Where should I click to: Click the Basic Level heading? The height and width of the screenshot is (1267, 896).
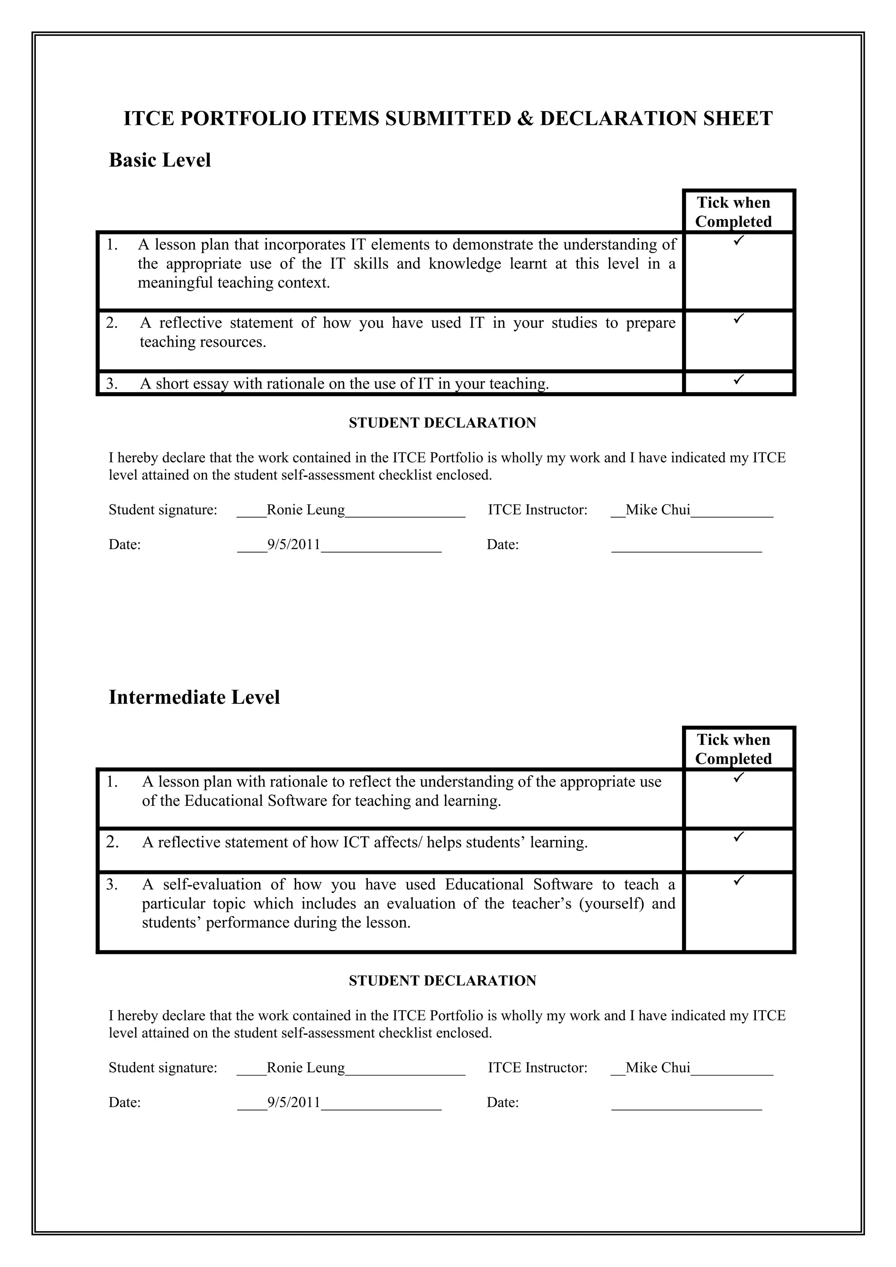pyautogui.click(x=160, y=160)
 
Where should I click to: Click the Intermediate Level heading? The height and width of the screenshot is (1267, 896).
pyautogui.click(x=194, y=697)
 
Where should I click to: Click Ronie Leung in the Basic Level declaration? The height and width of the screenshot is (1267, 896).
pyautogui.click(x=306, y=510)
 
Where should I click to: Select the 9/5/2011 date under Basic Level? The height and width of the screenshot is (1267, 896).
pyautogui.click(x=294, y=545)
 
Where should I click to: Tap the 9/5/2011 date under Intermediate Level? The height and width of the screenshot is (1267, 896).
pyautogui.click(x=294, y=1103)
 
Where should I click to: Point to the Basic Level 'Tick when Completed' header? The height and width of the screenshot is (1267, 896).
pyautogui.click(x=733, y=212)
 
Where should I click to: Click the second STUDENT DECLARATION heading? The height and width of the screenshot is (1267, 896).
pyautogui.click(x=442, y=981)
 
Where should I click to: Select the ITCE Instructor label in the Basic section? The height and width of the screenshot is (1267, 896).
pyautogui.click(x=537, y=510)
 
